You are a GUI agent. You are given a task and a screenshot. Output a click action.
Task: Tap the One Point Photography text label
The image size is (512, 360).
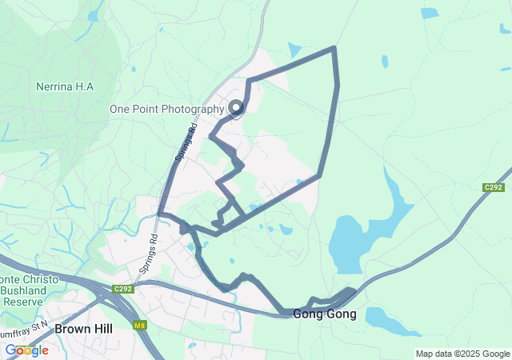[166, 109]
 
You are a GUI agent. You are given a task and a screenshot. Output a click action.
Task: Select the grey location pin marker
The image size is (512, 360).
[237, 107]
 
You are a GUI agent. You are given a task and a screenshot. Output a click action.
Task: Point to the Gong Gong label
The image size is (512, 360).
[325, 314]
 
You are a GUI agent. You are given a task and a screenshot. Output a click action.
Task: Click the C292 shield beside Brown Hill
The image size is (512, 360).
[122, 289]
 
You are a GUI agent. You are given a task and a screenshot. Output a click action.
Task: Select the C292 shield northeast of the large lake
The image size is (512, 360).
[494, 187]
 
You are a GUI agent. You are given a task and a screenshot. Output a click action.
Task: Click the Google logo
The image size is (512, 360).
[27, 350]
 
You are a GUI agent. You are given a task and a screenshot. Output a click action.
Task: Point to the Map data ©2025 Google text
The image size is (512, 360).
[462, 354]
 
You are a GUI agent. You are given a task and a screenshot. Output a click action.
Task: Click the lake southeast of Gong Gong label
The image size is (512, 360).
[392, 319]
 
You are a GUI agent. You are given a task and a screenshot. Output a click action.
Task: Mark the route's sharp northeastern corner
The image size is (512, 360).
[334, 49]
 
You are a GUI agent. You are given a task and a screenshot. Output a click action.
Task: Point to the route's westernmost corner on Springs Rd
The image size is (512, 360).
[160, 214]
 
